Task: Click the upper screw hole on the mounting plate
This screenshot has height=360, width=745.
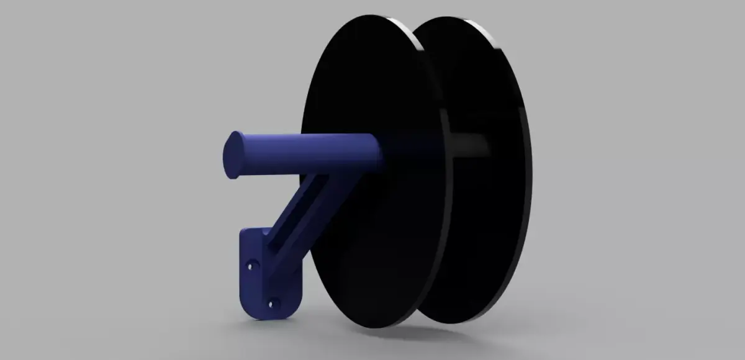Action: coord(251,264)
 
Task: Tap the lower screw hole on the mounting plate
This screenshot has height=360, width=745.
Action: coord(271,304)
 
